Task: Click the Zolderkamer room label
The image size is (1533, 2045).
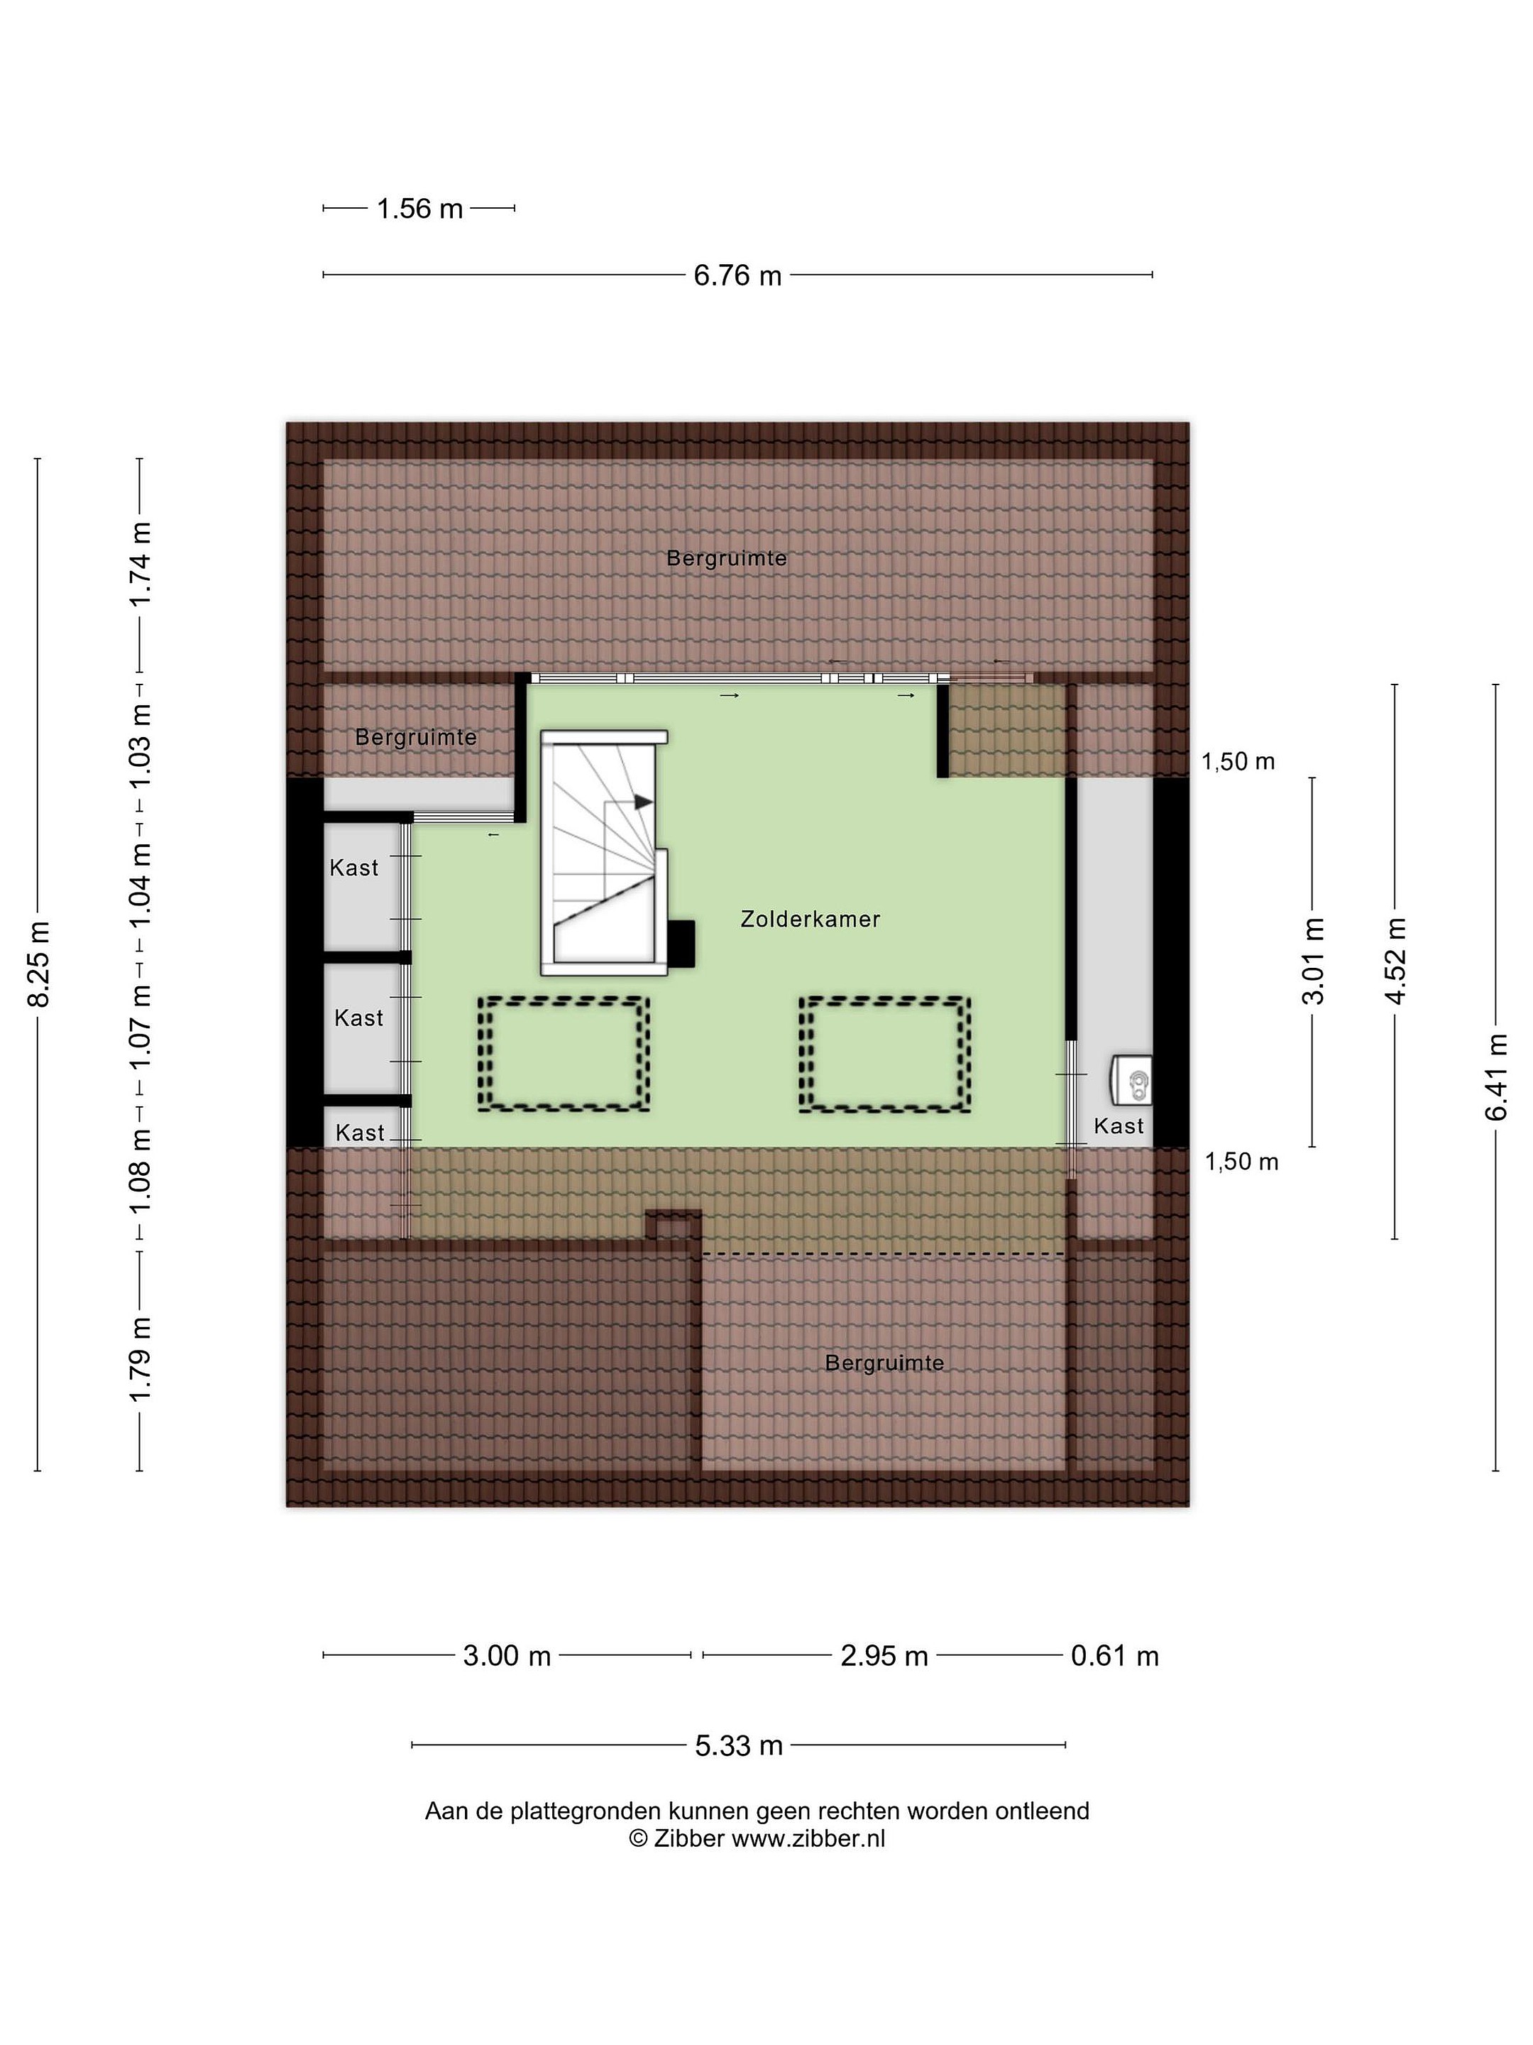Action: point(810,919)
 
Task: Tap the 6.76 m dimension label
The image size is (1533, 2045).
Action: point(737,276)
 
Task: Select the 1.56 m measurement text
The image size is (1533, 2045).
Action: point(419,209)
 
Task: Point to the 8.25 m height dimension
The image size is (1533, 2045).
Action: point(39,964)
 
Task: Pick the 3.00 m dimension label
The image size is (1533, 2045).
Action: point(506,1656)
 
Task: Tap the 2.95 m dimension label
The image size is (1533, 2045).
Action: point(884,1656)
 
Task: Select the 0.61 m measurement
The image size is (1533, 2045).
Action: point(1114,1656)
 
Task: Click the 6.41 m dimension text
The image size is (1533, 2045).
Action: point(1496,1077)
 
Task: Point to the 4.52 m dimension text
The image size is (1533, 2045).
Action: point(1395,961)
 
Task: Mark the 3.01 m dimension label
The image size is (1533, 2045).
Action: point(1313,961)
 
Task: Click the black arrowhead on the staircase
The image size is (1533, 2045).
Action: point(643,802)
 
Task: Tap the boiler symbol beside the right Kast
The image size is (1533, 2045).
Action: point(1131,1080)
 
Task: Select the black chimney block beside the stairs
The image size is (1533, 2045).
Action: point(682,944)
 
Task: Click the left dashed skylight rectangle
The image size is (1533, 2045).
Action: point(563,1053)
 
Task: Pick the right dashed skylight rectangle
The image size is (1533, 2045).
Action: point(884,1053)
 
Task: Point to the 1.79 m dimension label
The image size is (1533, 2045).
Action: point(140,1359)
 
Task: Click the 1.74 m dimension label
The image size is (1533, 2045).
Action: point(140,564)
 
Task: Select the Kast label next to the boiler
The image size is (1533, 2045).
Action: point(1118,1126)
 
